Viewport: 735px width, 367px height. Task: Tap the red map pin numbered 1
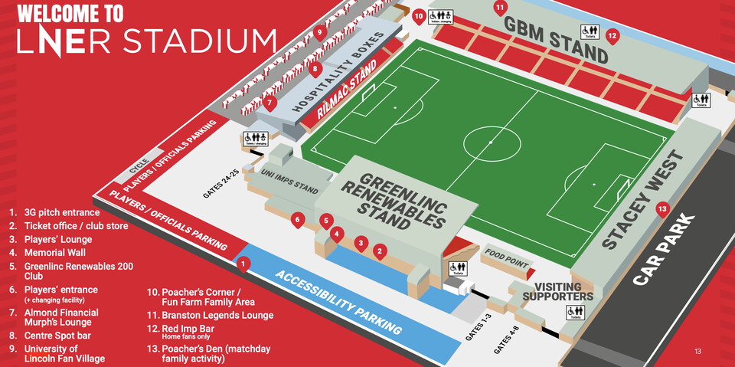click(x=243, y=264)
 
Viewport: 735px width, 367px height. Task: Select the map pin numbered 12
click(x=612, y=35)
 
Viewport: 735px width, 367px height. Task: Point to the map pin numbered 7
click(x=269, y=103)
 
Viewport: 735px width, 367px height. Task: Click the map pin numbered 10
click(x=418, y=15)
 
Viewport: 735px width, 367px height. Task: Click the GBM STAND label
click(x=555, y=38)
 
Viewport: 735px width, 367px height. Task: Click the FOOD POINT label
click(x=506, y=260)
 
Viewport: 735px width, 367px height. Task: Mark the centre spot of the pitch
click(x=491, y=143)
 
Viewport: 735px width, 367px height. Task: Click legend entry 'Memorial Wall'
click(x=54, y=252)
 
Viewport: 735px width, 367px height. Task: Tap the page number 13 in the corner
click(x=697, y=352)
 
